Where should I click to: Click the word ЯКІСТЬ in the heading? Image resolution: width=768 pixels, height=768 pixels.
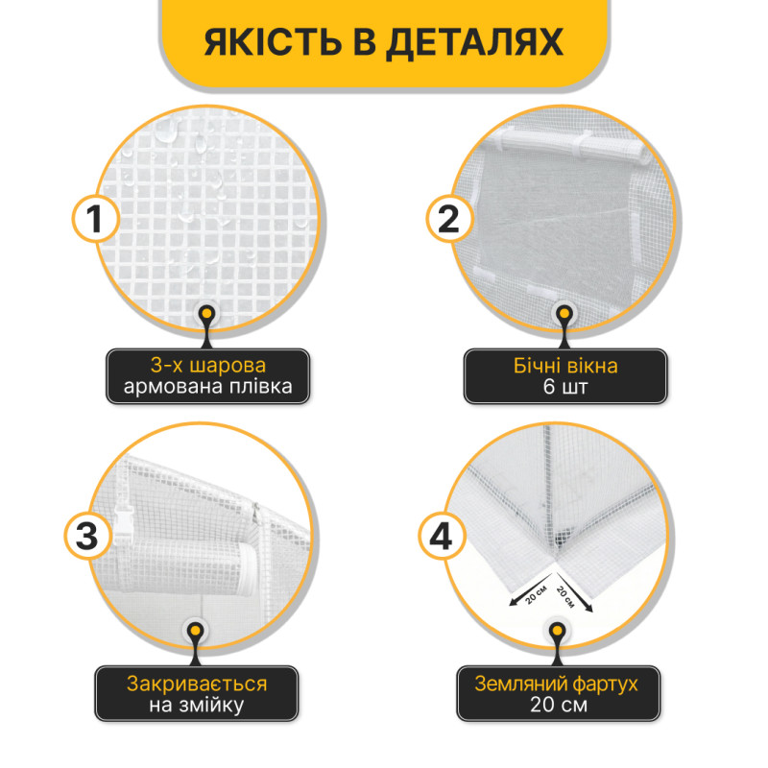pyautogui.click(x=273, y=42)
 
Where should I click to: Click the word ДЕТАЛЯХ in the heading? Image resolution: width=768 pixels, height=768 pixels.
pyautogui.click(x=474, y=43)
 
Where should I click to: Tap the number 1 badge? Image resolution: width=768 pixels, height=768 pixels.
pyautogui.click(x=95, y=219)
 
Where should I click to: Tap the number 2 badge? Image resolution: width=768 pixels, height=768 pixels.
pyautogui.click(x=449, y=219)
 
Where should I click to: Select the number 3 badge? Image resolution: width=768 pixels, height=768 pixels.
pyautogui.click(x=87, y=536)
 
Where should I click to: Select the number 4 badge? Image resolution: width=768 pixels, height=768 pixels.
pyautogui.click(x=441, y=537)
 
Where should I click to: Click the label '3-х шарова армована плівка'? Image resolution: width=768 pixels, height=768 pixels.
pyautogui.click(x=207, y=376)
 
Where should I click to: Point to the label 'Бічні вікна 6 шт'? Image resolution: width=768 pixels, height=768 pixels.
pyautogui.click(x=565, y=376)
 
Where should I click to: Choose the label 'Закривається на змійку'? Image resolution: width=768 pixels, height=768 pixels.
pyautogui.click(x=196, y=693)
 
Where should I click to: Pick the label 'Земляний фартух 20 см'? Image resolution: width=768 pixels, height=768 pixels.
pyautogui.click(x=558, y=693)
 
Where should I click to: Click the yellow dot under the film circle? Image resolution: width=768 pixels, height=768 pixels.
pyautogui.click(x=207, y=314)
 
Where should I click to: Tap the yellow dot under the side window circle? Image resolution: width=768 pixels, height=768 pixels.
pyautogui.click(x=564, y=314)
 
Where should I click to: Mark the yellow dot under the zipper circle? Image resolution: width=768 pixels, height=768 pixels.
pyautogui.click(x=196, y=631)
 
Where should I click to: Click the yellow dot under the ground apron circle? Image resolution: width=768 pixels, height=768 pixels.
pyautogui.click(x=558, y=631)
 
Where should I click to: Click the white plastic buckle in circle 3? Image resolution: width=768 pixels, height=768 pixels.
pyautogui.click(x=125, y=525)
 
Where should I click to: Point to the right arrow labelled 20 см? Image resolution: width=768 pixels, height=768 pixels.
pyautogui.click(x=574, y=592)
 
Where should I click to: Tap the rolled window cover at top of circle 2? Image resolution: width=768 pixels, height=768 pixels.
pyautogui.click(x=568, y=142)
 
